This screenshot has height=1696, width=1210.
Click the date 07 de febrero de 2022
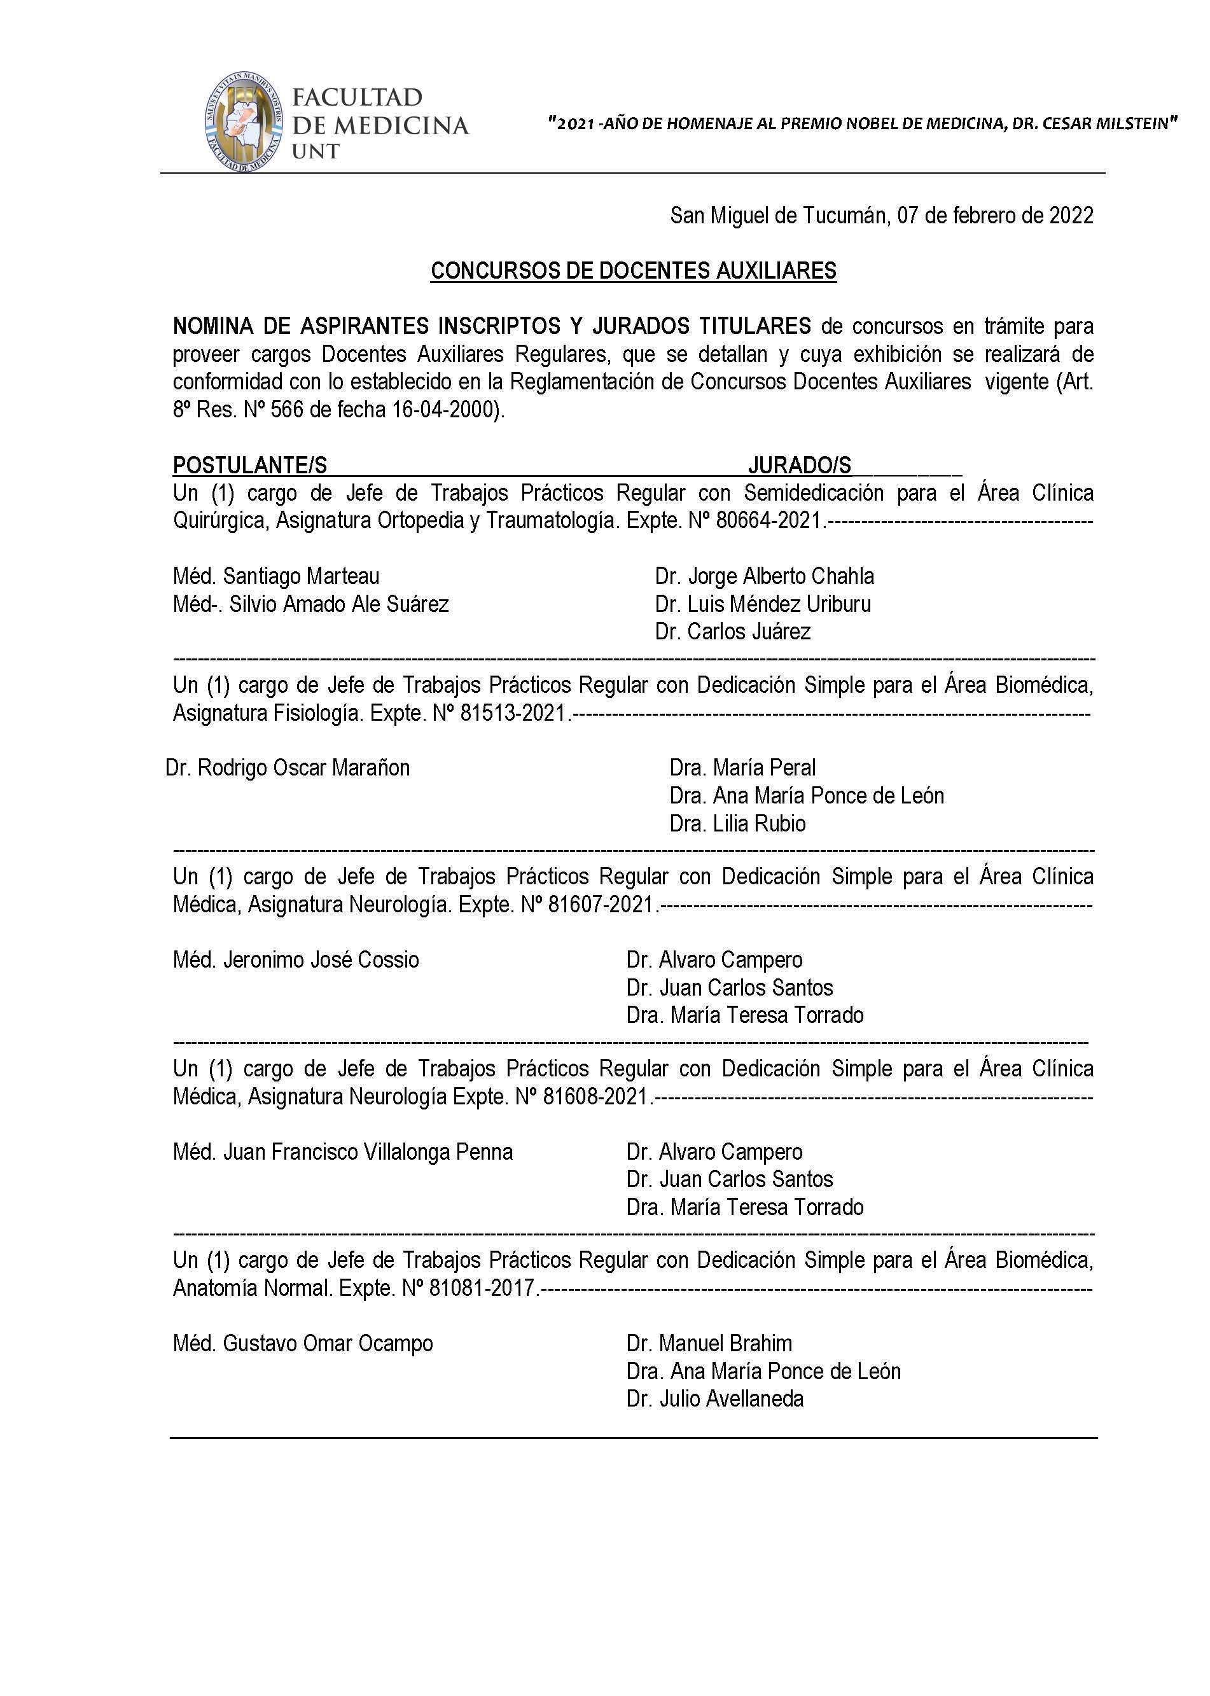pos(995,216)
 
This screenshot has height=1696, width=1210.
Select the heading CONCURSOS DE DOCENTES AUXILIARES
pos(634,271)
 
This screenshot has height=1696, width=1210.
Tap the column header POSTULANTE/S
pos(249,466)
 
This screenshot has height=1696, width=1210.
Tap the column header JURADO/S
pos(800,466)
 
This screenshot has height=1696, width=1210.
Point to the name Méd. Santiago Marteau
pos(277,576)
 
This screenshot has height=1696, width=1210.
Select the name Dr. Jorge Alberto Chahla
pos(765,576)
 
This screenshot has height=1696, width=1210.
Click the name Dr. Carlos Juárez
pos(732,632)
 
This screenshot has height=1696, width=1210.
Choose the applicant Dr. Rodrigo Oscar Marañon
pos(288,768)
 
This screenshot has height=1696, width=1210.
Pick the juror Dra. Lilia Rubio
pos(737,824)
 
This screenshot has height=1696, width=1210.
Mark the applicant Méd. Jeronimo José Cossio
pos(296,960)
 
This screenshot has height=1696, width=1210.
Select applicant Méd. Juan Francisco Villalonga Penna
pos(343,1152)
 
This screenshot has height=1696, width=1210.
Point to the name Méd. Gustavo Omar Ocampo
pos(303,1344)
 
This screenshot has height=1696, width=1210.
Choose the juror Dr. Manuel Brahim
pos(709,1344)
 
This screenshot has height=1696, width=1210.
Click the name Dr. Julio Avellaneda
pos(715,1399)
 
